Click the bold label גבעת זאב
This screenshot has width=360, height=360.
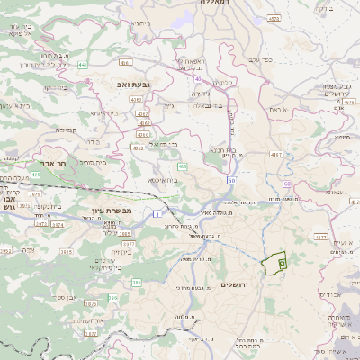[x=134, y=83]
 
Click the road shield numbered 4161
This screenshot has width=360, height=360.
[x=125, y=63]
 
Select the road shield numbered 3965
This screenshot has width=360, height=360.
[x=125, y=232]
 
